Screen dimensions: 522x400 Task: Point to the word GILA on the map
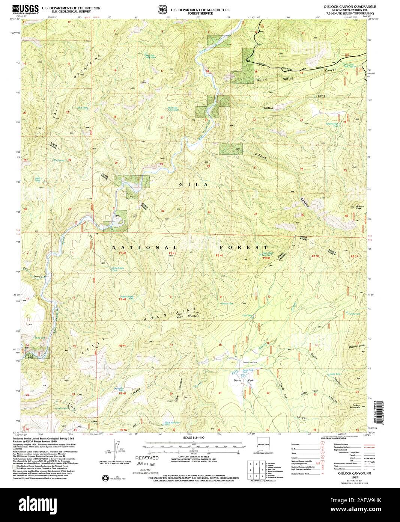pyautogui.click(x=193, y=185)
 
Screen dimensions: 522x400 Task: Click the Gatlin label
pyautogui.click(x=268, y=108)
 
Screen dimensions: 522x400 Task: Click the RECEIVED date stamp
pyautogui.click(x=147, y=459)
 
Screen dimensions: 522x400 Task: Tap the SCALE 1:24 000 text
pyautogui.click(x=192, y=438)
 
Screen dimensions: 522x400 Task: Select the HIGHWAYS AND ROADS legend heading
pyautogui.click(x=332, y=438)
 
